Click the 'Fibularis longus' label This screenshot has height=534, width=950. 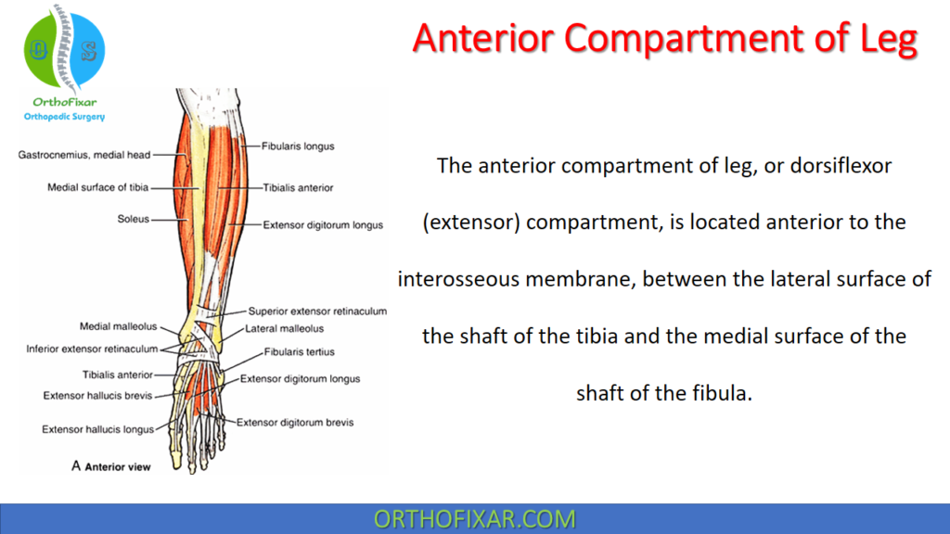pyautogui.click(x=298, y=146)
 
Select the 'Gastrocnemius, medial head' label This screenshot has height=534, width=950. pyautogui.click(x=84, y=155)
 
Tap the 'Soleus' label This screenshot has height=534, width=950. pyautogui.click(x=133, y=220)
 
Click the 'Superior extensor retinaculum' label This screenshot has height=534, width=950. pyautogui.click(x=317, y=311)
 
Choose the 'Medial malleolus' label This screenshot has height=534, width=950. pyautogui.click(x=119, y=327)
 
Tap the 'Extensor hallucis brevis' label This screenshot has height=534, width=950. pyautogui.click(x=97, y=396)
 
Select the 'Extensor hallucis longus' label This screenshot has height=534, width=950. pyautogui.click(x=97, y=429)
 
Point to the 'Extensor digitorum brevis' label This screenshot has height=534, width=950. pyautogui.click(x=294, y=423)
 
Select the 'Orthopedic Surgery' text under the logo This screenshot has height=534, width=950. pyautogui.click(x=64, y=117)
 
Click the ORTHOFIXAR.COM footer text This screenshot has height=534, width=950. pyautogui.click(x=474, y=519)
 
